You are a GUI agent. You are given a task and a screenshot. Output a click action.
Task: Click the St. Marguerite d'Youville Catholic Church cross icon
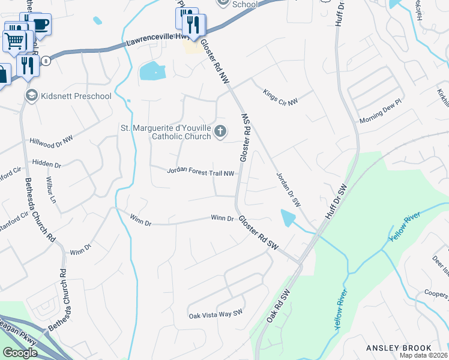coord(221,131)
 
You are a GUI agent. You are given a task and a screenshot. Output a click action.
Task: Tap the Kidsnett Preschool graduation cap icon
coord(31,95)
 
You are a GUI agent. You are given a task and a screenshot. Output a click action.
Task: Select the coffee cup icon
coord(41,25)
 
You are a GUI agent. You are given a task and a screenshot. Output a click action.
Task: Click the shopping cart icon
coord(14,41)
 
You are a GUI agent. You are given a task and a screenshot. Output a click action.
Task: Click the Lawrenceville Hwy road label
coord(158,40)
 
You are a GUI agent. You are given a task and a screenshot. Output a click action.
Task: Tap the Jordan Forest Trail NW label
coord(200,173)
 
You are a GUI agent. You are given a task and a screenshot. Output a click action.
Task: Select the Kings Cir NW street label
coord(280,97)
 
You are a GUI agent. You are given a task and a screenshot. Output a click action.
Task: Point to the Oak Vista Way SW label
coord(215,314)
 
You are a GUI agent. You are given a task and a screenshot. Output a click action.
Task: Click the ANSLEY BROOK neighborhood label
coord(399,348)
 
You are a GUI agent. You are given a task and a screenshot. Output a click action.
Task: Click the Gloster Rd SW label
coord(259,234)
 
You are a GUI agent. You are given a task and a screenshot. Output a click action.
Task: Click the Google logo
coord(20,353)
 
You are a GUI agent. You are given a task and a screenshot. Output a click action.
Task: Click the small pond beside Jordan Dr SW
coord(289,218)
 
